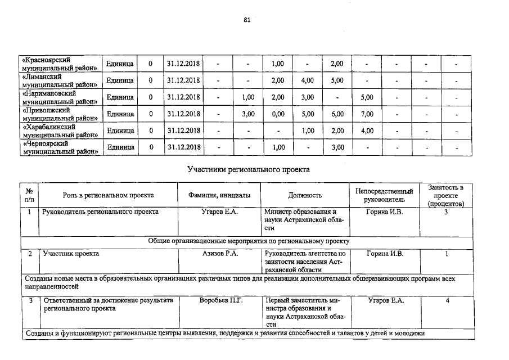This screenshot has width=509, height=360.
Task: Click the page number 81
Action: tap(247, 20)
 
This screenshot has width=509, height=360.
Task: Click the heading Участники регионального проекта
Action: tap(248, 169)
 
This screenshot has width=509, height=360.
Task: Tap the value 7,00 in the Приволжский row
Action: tap(367, 114)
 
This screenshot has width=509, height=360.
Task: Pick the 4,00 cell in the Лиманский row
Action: tap(307, 80)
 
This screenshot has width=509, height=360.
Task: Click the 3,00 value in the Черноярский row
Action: tap(337, 147)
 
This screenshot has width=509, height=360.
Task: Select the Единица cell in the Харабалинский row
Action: tap(120, 131)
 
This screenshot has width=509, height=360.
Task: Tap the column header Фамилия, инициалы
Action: tap(220, 195)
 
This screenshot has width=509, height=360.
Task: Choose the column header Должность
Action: tap(305, 195)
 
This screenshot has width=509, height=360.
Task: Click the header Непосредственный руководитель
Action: tap(384, 195)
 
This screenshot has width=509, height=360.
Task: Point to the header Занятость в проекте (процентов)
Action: tap(445, 195)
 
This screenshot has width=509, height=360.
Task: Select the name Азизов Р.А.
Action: tap(220, 254)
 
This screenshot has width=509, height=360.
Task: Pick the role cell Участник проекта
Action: tap(71, 254)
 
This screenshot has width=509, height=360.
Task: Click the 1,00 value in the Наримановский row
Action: tap(248, 97)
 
